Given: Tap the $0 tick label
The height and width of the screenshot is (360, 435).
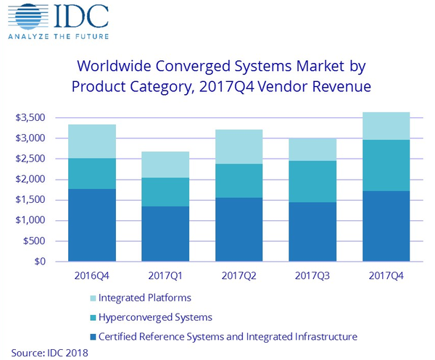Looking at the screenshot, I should tap(42, 261).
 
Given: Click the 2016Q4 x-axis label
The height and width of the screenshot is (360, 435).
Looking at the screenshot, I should tap(91, 276).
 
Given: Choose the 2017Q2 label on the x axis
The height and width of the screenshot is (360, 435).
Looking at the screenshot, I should tap(238, 276).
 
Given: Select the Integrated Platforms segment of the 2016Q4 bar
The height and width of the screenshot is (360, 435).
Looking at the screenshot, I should tap(92, 141).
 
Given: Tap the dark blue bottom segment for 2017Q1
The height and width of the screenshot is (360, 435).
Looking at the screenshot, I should tap(165, 233).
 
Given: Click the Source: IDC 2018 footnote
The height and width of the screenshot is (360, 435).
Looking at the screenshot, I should tap(49, 352).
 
